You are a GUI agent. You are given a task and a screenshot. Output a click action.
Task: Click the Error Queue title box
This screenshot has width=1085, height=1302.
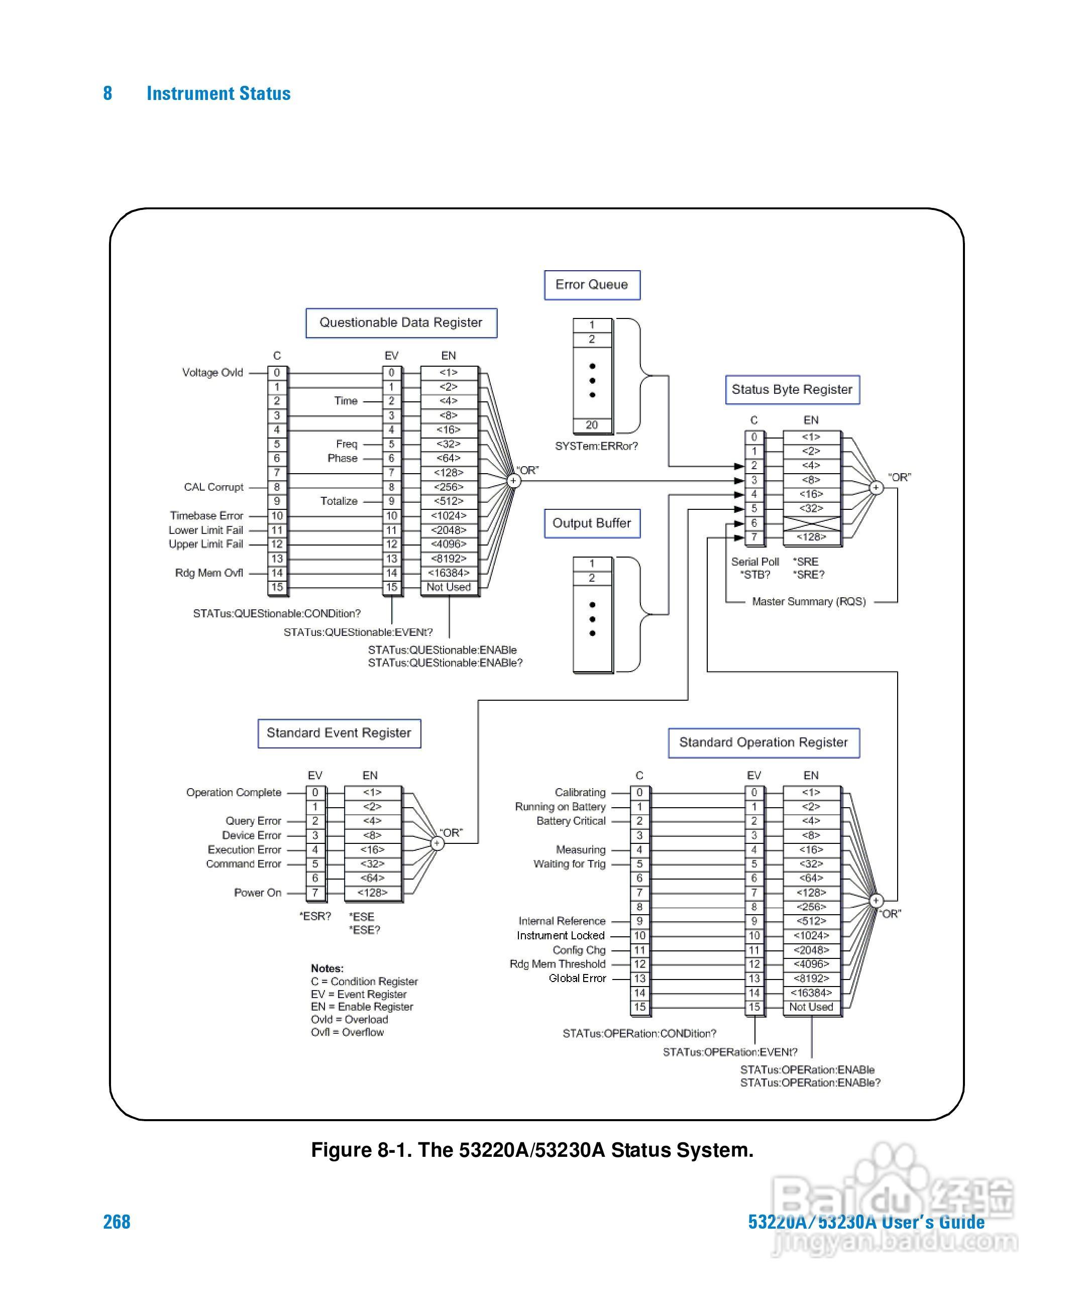tap(592, 285)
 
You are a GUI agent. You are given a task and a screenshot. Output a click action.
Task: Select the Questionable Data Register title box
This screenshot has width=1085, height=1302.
tap(401, 323)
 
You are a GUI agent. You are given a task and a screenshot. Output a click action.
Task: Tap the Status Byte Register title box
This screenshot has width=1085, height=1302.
tap(792, 390)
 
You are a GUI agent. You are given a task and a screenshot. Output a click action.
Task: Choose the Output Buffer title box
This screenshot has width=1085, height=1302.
tap(592, 523)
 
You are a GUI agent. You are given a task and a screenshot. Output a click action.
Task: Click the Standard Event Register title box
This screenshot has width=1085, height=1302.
tap(339, 733)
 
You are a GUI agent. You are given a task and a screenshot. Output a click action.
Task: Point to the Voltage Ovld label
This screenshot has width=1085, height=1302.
tap(212, 373)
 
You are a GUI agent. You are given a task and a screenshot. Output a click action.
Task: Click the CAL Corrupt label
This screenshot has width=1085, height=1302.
tap(214, 487)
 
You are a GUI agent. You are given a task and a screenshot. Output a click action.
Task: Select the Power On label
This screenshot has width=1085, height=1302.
tap(258, 893)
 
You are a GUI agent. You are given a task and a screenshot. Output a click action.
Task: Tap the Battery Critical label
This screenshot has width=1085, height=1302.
tap(571, 821)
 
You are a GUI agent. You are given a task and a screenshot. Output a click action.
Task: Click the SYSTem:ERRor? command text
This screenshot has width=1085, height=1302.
tap(596, 447)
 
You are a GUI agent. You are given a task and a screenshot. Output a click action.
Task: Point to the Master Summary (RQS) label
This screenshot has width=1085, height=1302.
tap(809, 601)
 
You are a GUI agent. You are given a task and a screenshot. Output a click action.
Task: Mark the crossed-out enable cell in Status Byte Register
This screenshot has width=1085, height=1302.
tap(812, 523)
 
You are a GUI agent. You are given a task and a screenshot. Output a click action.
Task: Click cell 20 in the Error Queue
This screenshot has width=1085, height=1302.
tap(592, 425)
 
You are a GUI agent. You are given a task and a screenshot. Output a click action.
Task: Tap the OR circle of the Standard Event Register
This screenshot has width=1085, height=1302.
tap(437, 843)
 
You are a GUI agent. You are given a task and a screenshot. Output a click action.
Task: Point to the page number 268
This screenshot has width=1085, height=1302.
tap(117, 1222)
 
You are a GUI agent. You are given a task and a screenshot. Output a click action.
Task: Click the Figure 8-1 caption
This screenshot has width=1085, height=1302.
tap(532, 1150)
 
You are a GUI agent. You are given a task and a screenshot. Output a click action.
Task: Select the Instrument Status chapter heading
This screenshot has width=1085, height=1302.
tap(218, 93)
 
